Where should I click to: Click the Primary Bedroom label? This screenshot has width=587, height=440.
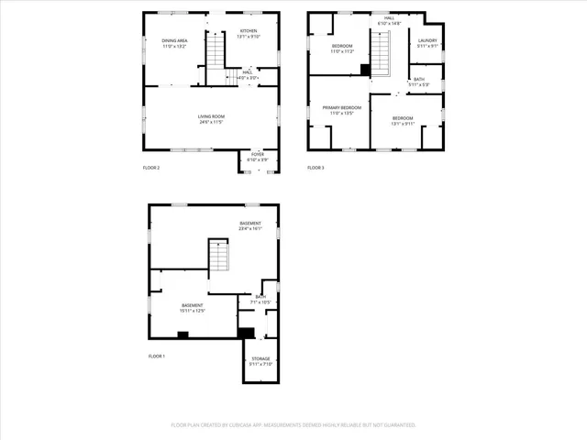(x=340, y=110)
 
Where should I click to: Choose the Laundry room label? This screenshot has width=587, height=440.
(x=427, y=42)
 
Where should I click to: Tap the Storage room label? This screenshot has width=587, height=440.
(x=260, y=361)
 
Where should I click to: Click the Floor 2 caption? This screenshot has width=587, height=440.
(x=151, y=168)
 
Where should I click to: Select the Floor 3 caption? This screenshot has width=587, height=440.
(x=316, y=168)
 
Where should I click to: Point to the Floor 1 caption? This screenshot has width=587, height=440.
(x=157, y=356)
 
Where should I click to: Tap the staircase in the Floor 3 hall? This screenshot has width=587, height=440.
(x=380, y=51)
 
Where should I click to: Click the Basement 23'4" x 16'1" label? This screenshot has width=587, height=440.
(x=250, y=226)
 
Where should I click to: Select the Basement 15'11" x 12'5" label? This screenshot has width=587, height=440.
(x=193, y=308)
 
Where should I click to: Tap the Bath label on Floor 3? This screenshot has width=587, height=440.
(x=418, y=82)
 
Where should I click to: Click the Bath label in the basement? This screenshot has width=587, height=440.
(x=260, y=299)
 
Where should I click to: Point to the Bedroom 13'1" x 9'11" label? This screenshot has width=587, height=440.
(x=404, y=120)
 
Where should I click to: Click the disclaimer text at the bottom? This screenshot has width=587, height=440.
(x=293, y=424)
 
